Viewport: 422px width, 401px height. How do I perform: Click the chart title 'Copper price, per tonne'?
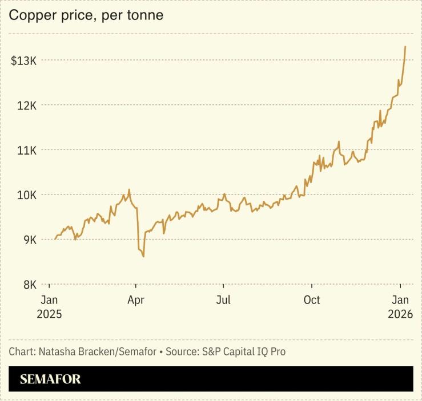point(86,15)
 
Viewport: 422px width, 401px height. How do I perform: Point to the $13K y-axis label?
point(23,60)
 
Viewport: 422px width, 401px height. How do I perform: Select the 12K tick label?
point(26,106)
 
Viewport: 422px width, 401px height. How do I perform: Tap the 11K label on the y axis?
point(26,150)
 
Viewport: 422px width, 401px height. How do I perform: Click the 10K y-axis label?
point(26,195)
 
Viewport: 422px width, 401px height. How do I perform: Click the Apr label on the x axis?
point(136,300)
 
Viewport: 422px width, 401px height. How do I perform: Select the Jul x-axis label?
point(224,300)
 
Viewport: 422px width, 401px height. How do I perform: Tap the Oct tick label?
point(312,300)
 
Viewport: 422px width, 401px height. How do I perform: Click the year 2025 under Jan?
point(49,314)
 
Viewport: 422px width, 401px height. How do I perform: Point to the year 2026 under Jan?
point(400,314)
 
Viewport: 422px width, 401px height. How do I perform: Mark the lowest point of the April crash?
point(143,257)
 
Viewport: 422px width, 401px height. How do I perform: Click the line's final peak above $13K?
point(405,47)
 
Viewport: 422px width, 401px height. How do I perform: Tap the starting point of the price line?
point(55,239)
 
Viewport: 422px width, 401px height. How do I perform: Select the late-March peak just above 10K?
point(129,190)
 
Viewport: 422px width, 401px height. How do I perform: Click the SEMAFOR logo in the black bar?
point(50,379)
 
